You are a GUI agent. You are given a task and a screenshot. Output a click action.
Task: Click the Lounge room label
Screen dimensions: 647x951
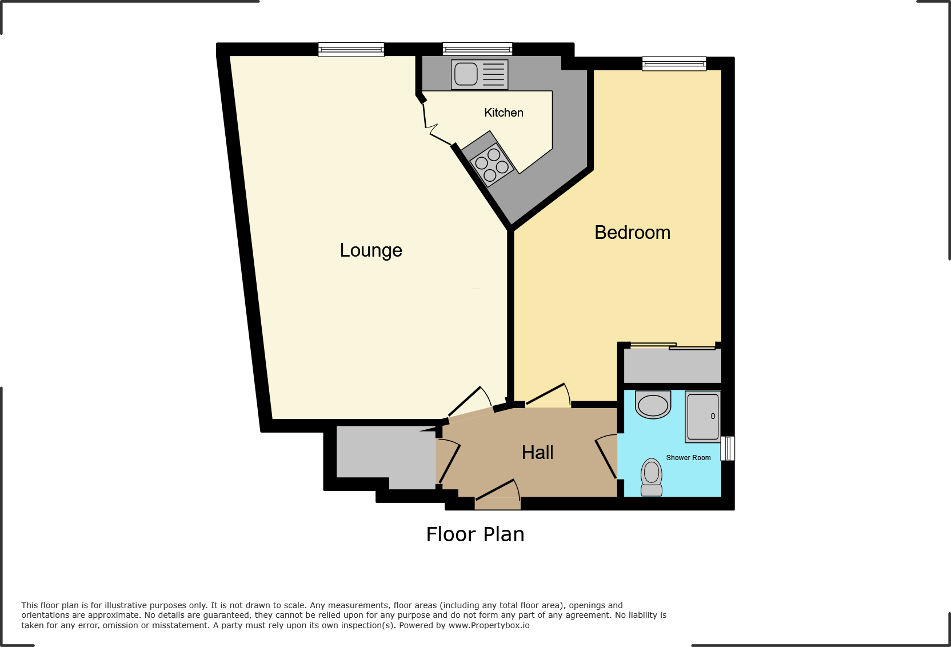(x=371, y=250)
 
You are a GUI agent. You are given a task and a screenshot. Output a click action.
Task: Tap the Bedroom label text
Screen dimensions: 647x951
(x=632, y=233)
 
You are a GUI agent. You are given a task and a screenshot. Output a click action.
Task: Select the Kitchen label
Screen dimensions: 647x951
(x=504, y=113)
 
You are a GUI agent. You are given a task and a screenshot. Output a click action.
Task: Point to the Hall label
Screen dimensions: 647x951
(x=537, y=453)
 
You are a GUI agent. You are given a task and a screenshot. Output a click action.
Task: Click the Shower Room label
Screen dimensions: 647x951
(x=688, y=458)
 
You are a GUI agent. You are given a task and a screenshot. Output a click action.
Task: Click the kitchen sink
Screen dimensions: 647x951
(x=479, y=74)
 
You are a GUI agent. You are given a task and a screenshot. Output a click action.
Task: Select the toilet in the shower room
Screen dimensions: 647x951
(x=652, y=477)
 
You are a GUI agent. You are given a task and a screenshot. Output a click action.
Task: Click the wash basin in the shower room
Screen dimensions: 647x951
(x=653, y=405)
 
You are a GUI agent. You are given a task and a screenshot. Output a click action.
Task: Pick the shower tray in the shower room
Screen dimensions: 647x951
(x=703, y=417)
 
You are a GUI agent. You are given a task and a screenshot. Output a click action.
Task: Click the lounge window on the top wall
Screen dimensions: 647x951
(x=351, y=50)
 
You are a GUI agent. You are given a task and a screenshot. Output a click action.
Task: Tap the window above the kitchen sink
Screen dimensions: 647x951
(x=477, y=50)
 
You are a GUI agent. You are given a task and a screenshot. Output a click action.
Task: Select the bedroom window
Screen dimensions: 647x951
(x=674, y=63)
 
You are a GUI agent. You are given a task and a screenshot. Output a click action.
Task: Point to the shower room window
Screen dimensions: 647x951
(x=728, y=448)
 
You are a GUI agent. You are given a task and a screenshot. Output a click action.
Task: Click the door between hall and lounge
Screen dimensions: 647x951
(x=470, y=403)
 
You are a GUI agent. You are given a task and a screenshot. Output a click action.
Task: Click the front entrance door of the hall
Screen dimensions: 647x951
(x=497, y=493)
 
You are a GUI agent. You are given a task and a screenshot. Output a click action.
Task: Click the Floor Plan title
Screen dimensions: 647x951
(x=475, y=534)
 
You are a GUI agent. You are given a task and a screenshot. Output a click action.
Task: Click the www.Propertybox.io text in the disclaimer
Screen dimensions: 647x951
(x=489, y=625)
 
